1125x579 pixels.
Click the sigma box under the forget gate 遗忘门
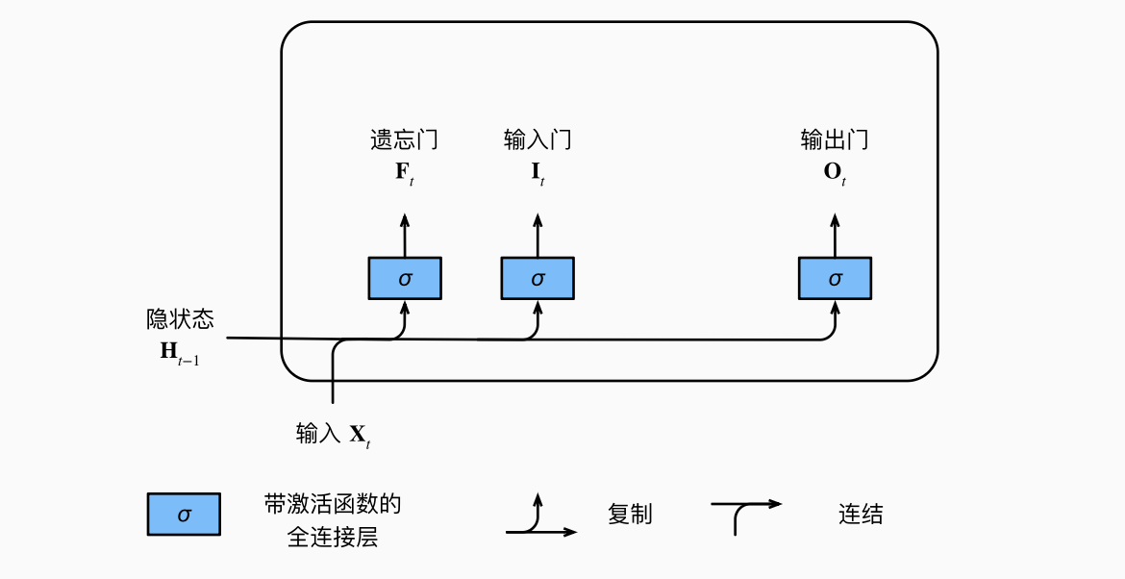click(404, 278)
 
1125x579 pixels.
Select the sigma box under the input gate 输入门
click(537, 278)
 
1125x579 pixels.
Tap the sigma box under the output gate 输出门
click(835, 278)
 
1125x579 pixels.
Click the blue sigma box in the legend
click(184, 515)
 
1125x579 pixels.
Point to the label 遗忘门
click(404, 140)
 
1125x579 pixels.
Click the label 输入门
click(537, 140)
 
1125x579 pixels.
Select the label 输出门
click(835, 140)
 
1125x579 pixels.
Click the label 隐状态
click(180, 318)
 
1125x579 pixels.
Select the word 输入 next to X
click(318, 434)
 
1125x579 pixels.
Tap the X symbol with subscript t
click(360, 436)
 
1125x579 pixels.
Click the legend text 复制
click(630, 515)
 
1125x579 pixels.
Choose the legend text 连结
click(860, 515)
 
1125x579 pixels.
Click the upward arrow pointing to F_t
click(404, 234)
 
